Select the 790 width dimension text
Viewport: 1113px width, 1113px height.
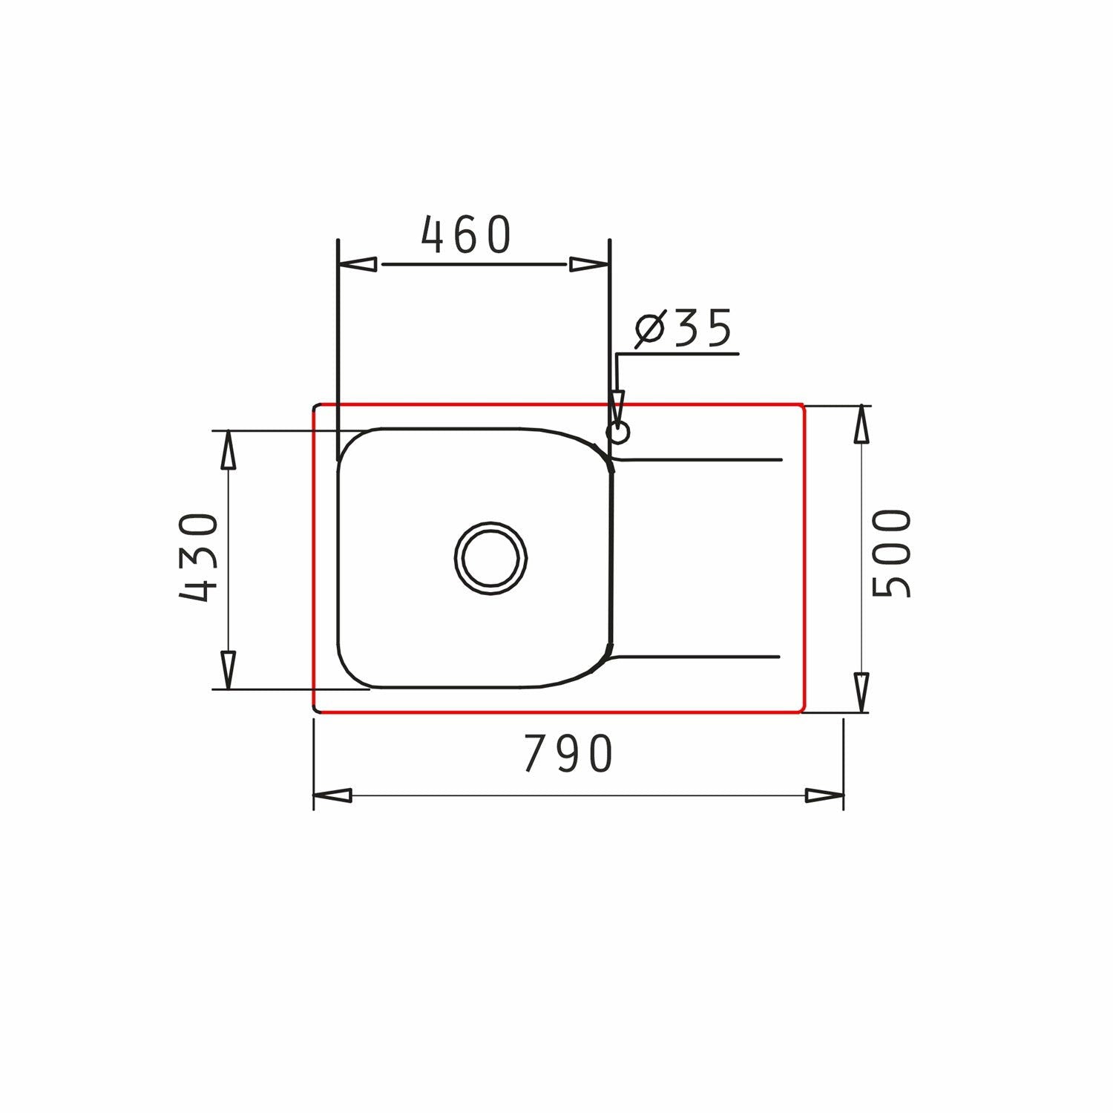568,753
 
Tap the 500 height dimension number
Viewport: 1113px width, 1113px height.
890,553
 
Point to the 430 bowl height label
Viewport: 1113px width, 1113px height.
200,556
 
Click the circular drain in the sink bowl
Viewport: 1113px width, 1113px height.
490,558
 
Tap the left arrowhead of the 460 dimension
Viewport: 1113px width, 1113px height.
357,264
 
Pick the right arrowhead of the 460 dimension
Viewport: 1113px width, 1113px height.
589,264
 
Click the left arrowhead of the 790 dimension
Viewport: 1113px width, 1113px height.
332,795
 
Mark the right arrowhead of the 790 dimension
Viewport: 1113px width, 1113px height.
824,795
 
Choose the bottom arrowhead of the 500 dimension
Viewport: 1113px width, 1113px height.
861,692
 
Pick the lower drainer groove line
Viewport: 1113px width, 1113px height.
697,657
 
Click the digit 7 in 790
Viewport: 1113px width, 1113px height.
536,753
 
